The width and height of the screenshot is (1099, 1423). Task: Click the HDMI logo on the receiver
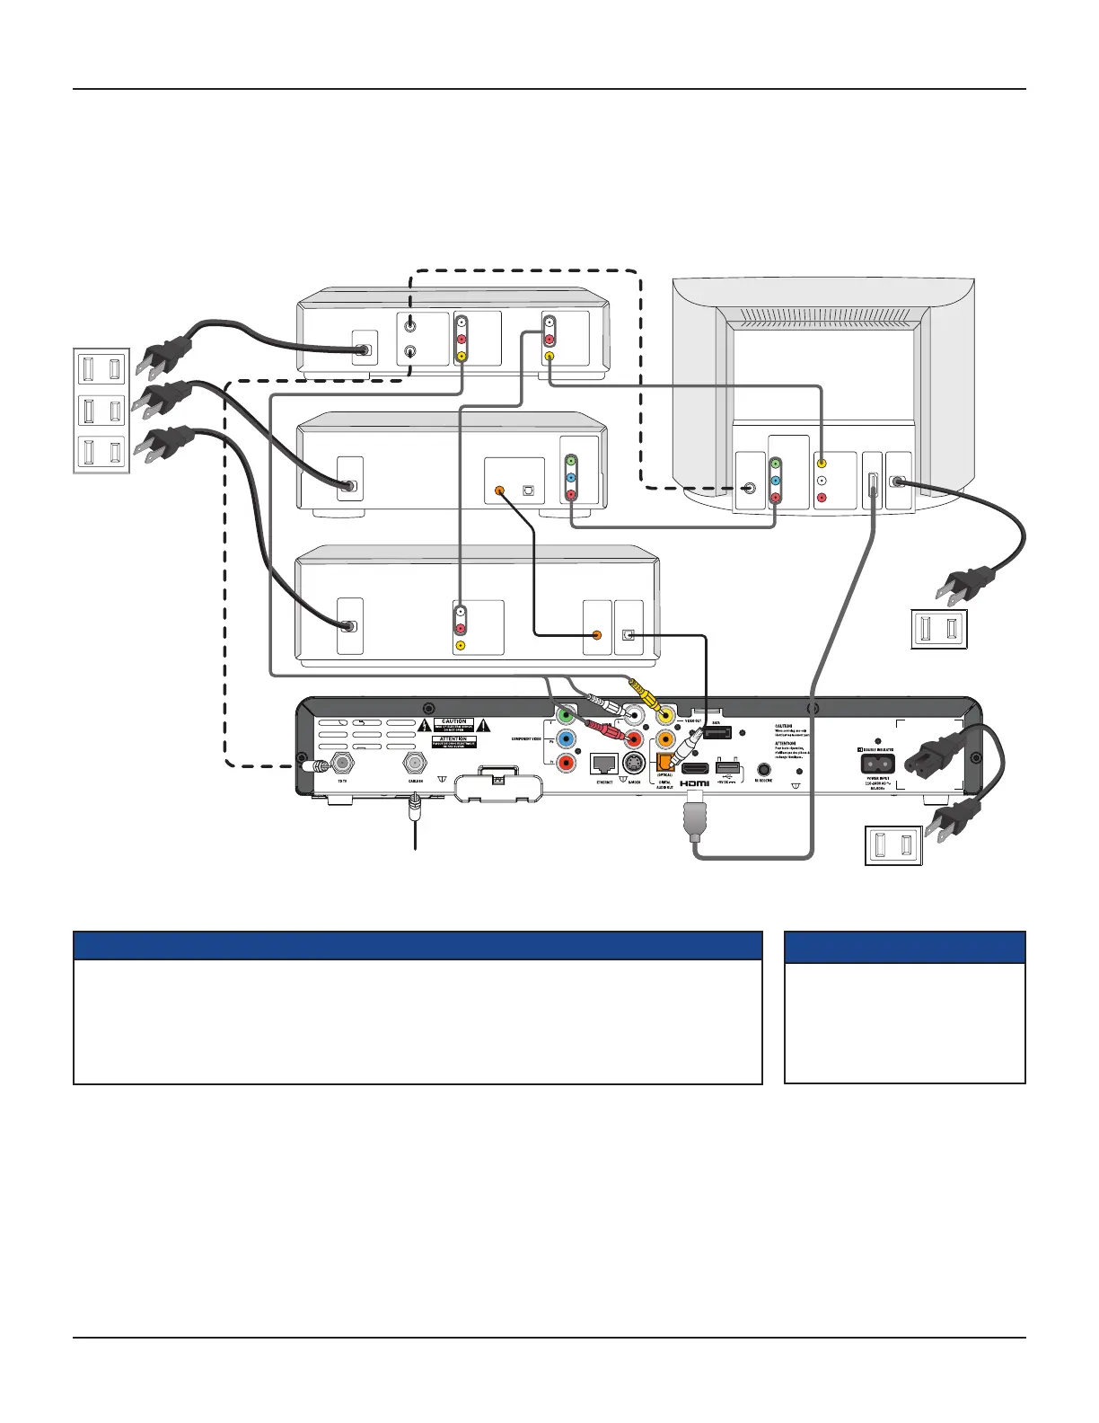pyautogui.click(x=694, y=784)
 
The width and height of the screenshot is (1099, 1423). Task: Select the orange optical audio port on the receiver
pyautogui.click(x=665, y=762)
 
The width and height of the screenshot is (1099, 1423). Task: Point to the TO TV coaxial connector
pyautogui.click(x=342, y=765)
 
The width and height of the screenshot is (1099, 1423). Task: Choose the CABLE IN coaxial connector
pyautogui.click(x=415, y=765)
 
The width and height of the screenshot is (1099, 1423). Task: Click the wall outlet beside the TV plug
pyautogui.click(x=939, y=629)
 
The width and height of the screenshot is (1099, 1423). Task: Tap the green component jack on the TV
pyautogui.click(x=777, y=464)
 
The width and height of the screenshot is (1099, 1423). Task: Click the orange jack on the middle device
pyautogui.click(x=500, y=491)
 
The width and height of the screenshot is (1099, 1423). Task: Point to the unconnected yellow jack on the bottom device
pyautogui.click(x=461, y=645)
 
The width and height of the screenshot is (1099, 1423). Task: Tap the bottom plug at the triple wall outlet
pyautogui.click(x=164, y=446)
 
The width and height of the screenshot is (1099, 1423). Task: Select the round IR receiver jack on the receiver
pyautogui.click(x=764, y=769)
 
